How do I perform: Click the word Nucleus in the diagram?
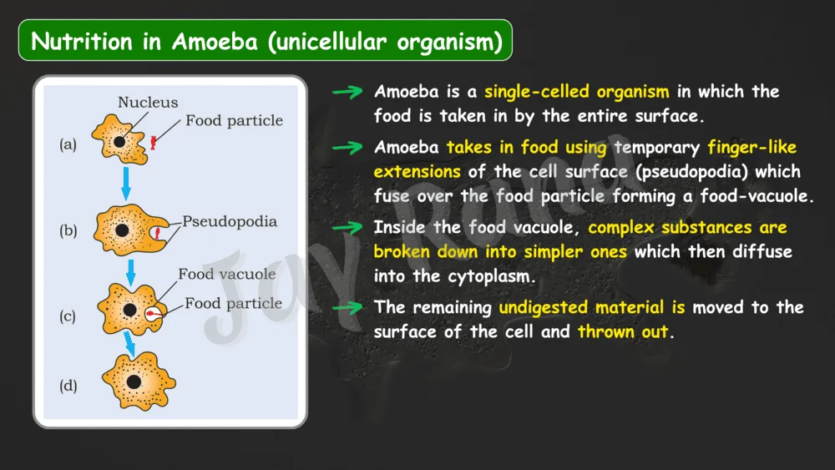(148, 102)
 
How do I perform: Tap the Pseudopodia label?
(230, 221)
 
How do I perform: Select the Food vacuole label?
(227, 274)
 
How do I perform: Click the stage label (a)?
(68, 144)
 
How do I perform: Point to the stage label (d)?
(68, 386)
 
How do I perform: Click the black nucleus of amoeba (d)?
(134, 382)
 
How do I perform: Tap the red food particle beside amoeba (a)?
(154, 142)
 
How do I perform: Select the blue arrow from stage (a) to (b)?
(126, 184)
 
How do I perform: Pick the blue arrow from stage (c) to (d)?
(129, 344)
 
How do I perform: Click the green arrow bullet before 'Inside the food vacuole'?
(347, 228)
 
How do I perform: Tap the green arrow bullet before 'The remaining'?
(347, 308)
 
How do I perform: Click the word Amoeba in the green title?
(215, 41)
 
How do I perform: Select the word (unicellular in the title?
(327, 42)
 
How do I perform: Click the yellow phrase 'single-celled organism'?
(577, 92)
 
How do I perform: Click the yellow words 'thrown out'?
(623, 331)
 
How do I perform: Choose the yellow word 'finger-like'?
(752, 147)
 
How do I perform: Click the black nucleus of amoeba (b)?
(122, 230)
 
